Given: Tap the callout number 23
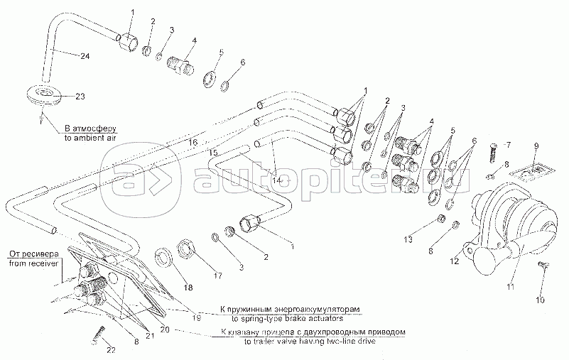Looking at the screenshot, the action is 80,96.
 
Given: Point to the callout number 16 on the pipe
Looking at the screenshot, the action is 192,143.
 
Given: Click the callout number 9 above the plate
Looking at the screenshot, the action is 537,146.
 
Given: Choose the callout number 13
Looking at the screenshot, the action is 407,239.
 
